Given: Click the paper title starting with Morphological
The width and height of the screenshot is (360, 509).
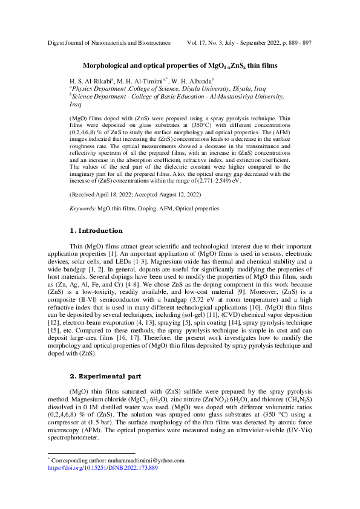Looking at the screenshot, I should (180, 65).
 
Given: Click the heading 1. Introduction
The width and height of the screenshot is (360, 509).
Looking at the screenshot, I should (96, 230).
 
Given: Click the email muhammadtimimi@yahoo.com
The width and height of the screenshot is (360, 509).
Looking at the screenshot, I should (144, 460).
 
